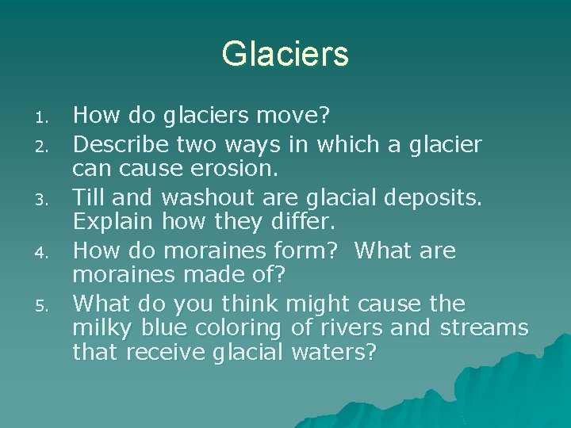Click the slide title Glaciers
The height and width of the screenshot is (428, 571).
pos(285,54)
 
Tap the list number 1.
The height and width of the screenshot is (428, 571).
pos(44,120)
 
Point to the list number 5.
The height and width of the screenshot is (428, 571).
pos(45,306)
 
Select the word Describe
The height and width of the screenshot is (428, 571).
pos(120,143)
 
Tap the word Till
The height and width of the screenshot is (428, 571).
pos(88,197)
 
